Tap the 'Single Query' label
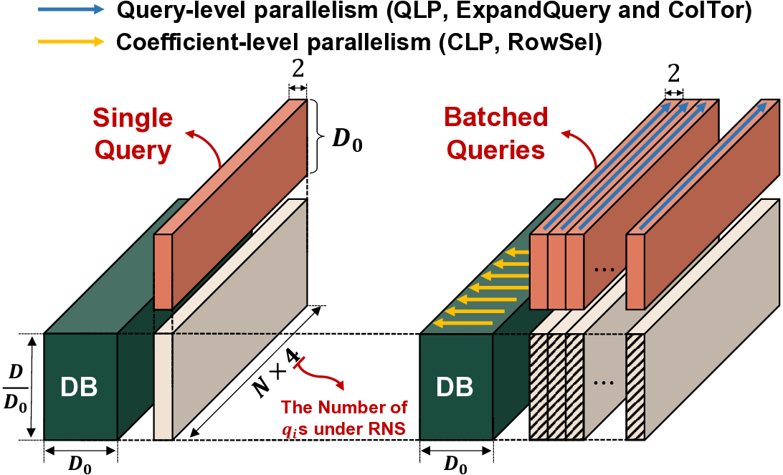pyautogui.click(x=133, y=133)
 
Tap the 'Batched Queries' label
pyautogui.click(x=495, y=133)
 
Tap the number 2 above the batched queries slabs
pyautogui.click(x=673, y=74)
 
